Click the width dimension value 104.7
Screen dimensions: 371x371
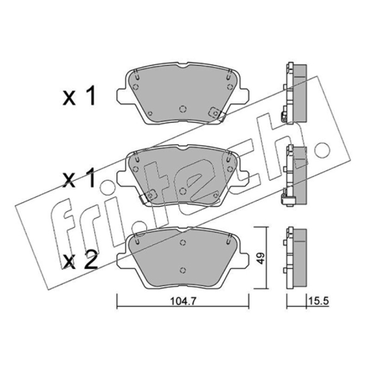pyautogui.click(x=183, y=301)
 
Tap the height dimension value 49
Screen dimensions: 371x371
pyautogui.click(x=261, y=258)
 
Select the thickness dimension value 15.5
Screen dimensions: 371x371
pyautogui.click(x=319, y=301)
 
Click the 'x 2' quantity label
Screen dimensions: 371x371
pyautogui.click(x=80, y=260)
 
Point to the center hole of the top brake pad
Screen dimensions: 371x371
pyautogui.click(x=183, y=109)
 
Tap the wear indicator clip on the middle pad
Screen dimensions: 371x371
pyautogui.click(x=148, y=196)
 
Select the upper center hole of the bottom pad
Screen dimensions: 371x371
pyautogui.click(x=183, y=243)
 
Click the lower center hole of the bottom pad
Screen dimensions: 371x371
pyautogui.click(x=182, y=270)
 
